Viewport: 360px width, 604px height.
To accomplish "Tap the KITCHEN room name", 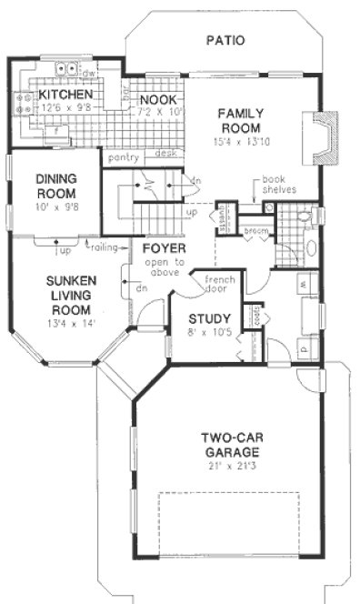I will [x=61, y=95].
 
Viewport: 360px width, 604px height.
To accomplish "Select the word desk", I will [x=165, y=154].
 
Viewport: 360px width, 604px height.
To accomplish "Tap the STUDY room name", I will [x=208, y=319].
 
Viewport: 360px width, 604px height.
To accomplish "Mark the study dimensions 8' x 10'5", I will [x=208, y=334].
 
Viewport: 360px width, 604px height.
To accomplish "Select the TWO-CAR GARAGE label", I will [x=234, y=445].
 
